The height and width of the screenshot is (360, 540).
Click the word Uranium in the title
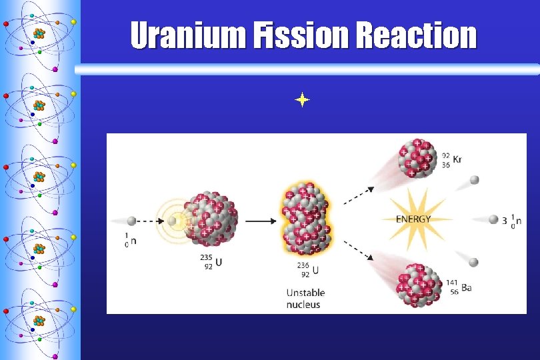pyautogui.click(x=187, y=36)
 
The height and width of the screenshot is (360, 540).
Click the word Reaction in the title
pyautogui.click(x=417, y=36)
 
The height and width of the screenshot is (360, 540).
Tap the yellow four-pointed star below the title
pyautogui.click(x=302, y=101)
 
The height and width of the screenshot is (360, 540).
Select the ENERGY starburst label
pyautogui.click(x=413, y=219)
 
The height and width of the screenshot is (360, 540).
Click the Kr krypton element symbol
pyautogui.click(x=458, y=160)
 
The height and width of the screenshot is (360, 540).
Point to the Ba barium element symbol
pyautogui.click(x=466, y=287)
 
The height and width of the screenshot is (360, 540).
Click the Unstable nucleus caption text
pyautogui.click(x=303, y=299)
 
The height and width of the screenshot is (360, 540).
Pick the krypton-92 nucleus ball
pyautogui.click(x=419, y=159)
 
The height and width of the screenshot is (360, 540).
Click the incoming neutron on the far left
pyautogui.click(x=132, y=221)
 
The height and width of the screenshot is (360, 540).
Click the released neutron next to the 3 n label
pyautogui.click(x=493, y=219)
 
